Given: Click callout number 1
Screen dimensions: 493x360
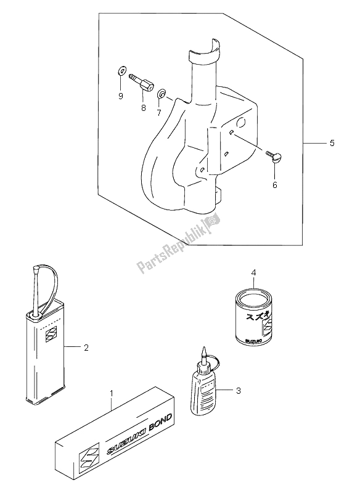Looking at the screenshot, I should [x=112, y=393].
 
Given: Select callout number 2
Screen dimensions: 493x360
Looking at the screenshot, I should [x=86, y=348].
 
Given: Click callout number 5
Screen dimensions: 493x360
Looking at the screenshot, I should [x=332, y=144].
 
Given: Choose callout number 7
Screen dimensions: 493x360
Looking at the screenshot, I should [x=158, y=113].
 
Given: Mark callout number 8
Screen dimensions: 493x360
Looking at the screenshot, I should [x=142, y=108].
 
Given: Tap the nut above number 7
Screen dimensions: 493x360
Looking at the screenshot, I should [x=161, y=94].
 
